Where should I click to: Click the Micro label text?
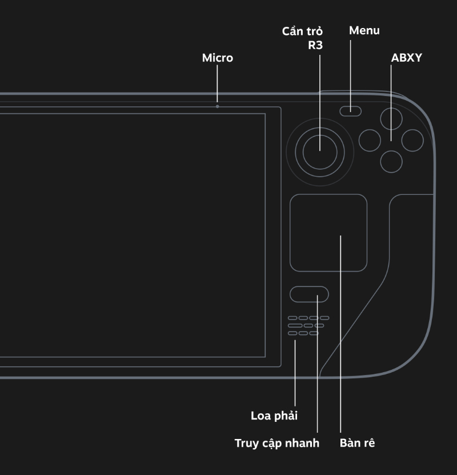pos(218,58)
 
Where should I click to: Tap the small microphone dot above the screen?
pos(217,106)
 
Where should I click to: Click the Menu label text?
pos(364,30)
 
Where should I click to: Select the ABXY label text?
pos(406,58)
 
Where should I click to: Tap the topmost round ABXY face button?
pos(391,118)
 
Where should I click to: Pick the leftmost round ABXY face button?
pos(370,140)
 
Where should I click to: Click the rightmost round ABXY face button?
pos(412,140)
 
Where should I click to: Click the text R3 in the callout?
pos(315,45)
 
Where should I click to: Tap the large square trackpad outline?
pos(328,233)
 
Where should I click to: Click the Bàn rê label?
pos(357,443)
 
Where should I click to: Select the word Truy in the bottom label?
pos(246,443)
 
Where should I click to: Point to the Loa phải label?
pos(274,416)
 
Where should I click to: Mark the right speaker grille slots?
pos(308,325)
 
